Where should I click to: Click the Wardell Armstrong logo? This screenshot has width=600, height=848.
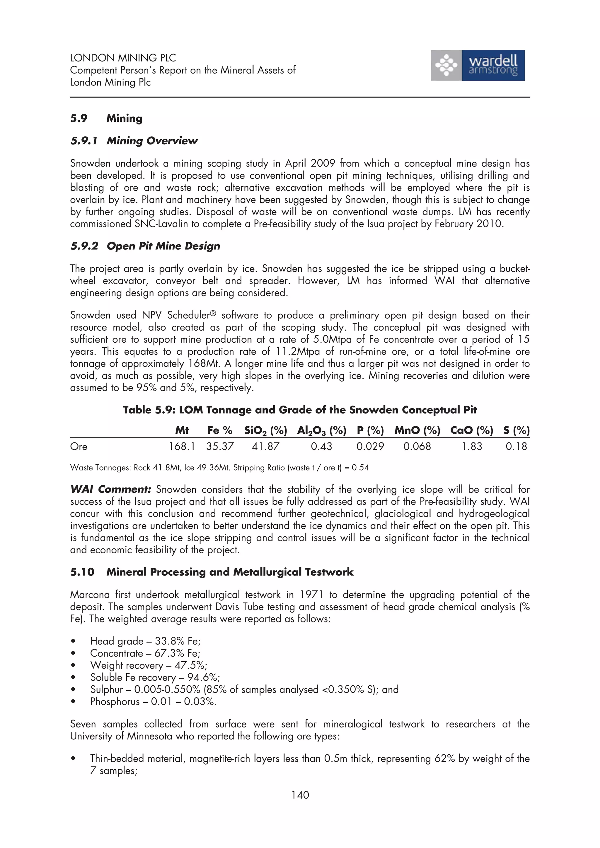pos(477,65)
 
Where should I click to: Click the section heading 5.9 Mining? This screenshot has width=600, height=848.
pos(106,118)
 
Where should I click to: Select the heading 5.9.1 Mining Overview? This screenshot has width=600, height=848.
pos(134,141)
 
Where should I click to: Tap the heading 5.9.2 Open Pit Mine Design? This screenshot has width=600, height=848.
pos(145,246)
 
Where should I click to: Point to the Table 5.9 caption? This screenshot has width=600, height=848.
pos(299,410)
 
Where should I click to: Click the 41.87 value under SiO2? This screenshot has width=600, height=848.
pos(265,446)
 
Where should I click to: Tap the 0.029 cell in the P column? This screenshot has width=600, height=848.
pos(370,446)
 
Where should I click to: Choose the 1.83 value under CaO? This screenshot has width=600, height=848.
pos(471,446)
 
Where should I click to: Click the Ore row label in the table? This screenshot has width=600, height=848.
pos(79,446)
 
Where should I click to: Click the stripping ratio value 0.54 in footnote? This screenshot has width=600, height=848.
pos(360,468)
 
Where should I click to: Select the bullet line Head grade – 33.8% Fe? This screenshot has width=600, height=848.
pos(145,641)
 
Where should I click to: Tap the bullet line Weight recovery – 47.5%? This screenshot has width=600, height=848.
pos(149,665)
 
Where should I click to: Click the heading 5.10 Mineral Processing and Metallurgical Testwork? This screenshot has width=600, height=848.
pos(212,572)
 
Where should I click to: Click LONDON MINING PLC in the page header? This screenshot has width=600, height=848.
pos(123,58)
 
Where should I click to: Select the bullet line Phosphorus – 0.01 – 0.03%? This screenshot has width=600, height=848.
pos(153,701)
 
